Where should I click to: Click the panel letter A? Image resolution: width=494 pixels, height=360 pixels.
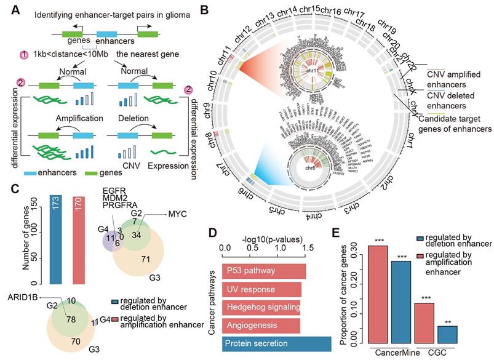8,9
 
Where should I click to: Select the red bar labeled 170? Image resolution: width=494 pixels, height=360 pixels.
82,240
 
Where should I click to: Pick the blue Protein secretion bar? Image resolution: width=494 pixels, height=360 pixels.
278,343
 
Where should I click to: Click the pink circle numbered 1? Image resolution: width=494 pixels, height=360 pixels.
25,55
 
